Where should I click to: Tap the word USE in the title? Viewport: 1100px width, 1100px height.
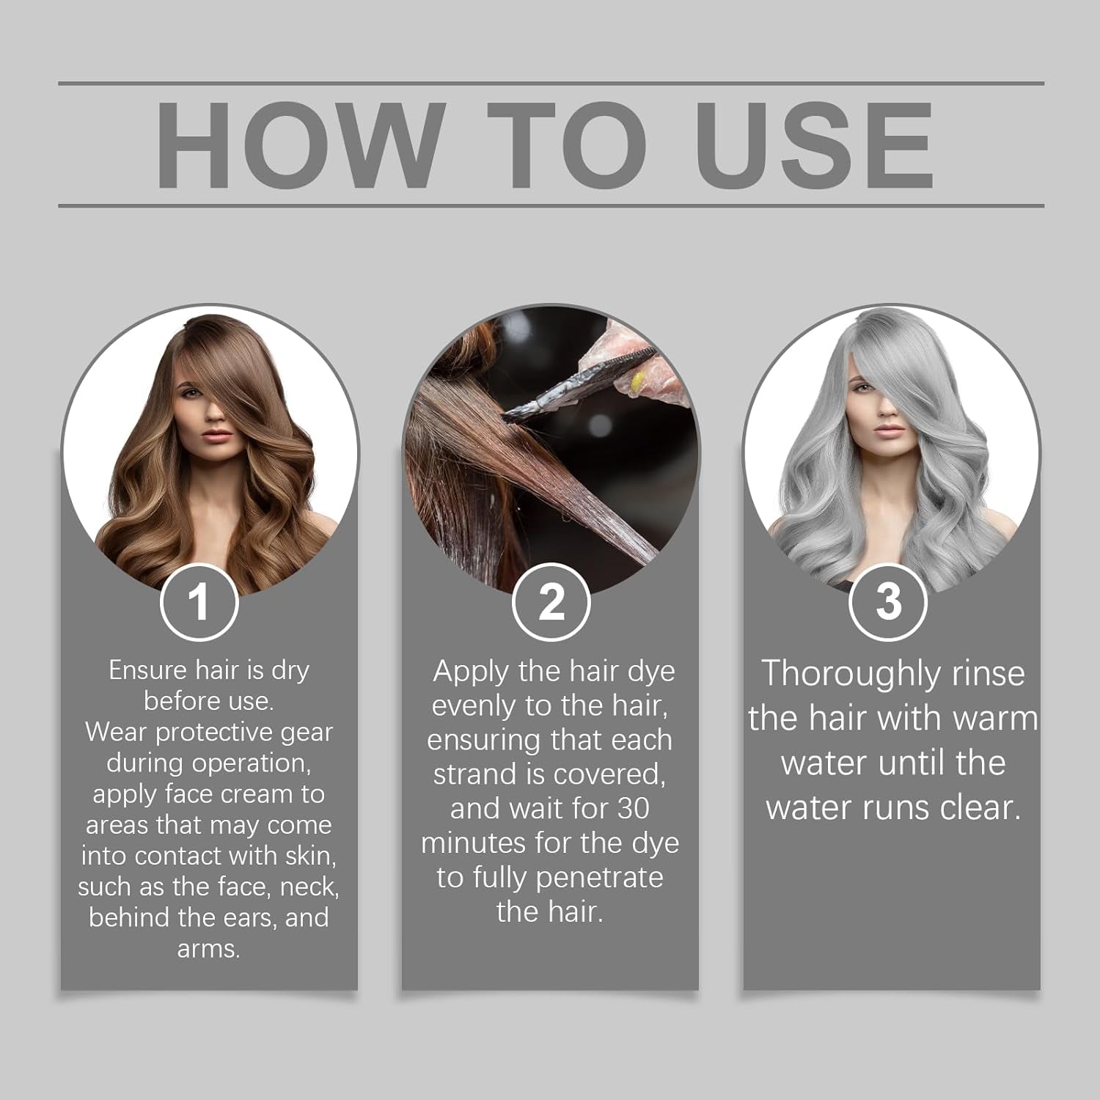[814, 145]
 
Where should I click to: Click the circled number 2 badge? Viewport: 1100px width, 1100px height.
[551, 601]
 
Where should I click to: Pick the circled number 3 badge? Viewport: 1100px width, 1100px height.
[888, 601]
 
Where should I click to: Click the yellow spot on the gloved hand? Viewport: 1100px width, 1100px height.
[639, 381]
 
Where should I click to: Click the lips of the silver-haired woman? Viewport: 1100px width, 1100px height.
[888, 430]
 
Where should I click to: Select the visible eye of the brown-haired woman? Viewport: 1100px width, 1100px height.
[193, 394]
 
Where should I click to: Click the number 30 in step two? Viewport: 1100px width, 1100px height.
[633, 808]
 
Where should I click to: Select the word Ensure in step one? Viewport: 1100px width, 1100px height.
[147, 670]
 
